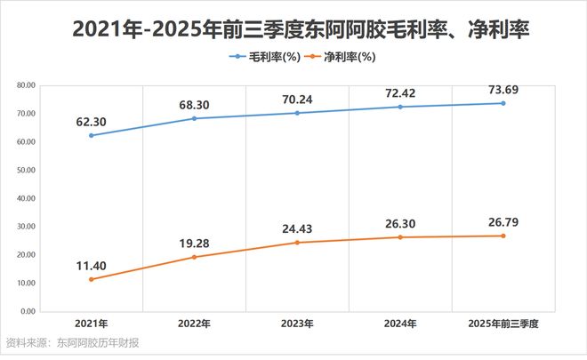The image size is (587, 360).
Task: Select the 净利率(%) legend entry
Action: tap(340, 58)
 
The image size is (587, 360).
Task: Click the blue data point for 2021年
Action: tap(92, 135)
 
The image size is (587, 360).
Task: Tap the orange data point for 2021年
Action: tap(92, 279)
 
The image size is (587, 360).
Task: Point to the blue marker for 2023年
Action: tap(297, 113)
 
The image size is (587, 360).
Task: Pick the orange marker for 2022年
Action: tap(195, 257)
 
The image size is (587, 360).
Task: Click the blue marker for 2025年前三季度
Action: tap(503, 103)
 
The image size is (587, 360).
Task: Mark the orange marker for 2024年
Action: tap(400, 237)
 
